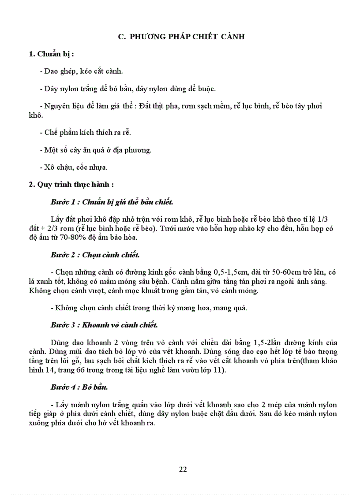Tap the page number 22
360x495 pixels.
click(183, 469)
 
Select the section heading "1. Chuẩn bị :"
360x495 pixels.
click(51, 54)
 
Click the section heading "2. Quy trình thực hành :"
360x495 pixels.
click(71, 185)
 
